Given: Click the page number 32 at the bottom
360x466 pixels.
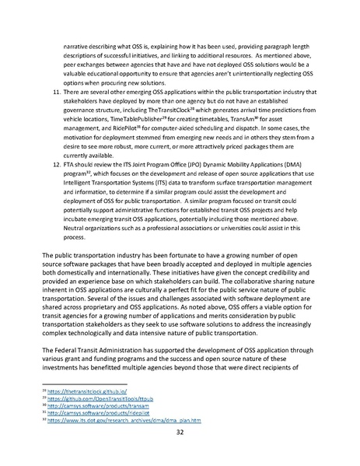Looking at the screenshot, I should coord(180,433).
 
